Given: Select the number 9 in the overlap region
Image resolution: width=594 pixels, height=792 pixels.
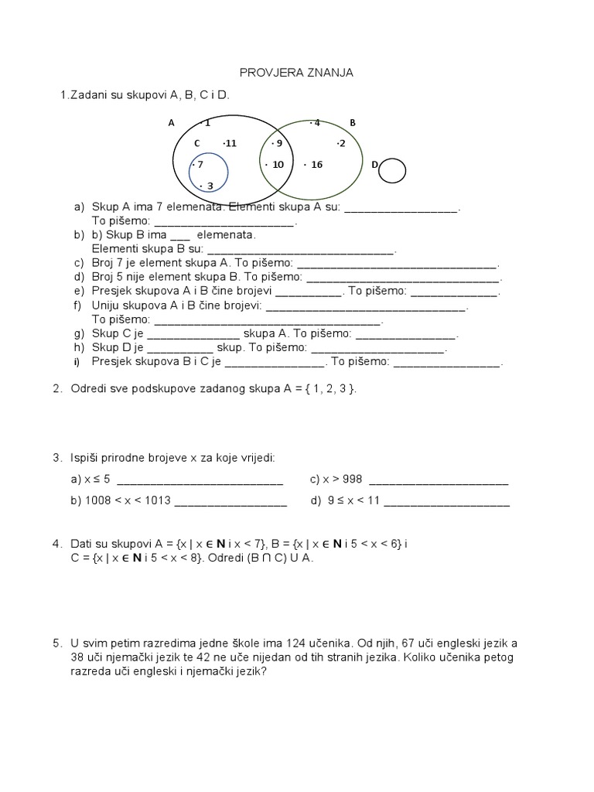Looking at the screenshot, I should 278,143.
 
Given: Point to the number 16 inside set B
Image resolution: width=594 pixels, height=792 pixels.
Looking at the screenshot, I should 316,165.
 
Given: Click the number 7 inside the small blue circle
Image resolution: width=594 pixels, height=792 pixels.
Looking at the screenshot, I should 199,165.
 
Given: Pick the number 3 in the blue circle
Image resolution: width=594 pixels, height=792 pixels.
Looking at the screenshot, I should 209,186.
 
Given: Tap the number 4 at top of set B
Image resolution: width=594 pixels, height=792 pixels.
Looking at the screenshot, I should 316,122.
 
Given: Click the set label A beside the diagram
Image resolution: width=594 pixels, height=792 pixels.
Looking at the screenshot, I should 171,122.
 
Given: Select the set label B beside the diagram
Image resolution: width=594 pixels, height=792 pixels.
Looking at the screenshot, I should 352,122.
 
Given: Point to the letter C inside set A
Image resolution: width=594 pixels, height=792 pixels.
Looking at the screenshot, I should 197,143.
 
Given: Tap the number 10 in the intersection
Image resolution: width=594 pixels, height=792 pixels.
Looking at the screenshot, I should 278,165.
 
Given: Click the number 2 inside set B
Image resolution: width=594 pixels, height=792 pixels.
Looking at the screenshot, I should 342,143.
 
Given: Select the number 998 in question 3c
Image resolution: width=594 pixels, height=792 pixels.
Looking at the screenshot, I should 353,480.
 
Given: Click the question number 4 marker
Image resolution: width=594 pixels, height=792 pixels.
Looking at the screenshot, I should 57,544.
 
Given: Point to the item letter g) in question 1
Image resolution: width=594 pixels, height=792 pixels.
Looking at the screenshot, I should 79,335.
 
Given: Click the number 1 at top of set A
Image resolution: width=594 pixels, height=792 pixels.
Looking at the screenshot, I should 207,122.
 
